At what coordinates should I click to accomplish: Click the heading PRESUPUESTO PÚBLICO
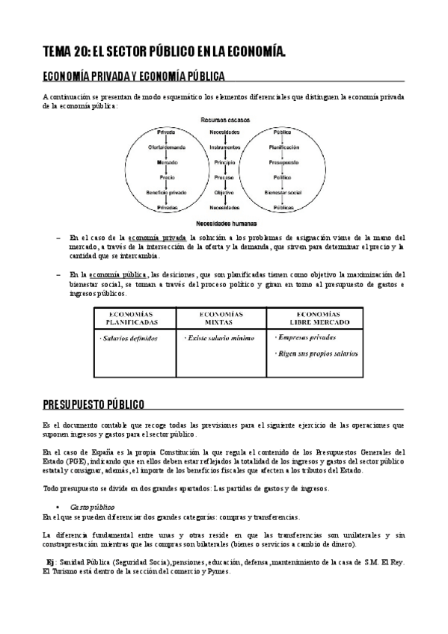(x=93, y=404)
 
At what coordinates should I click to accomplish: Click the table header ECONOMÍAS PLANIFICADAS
(x=132, y=318)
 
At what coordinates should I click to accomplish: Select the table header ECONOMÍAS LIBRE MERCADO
(x=315, y=318)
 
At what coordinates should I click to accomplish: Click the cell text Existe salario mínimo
(x=219, y=339)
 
